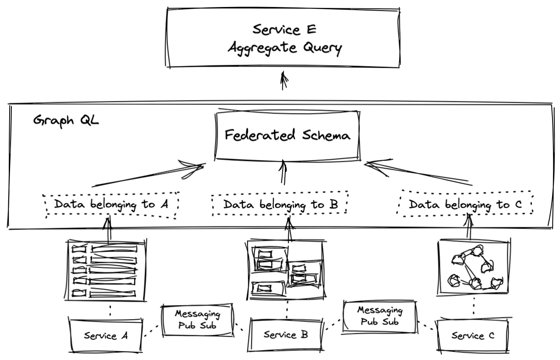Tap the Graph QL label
click(x=66, y=120)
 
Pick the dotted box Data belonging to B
click(x=280, y=204)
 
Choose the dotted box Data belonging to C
click(x=465, y=204)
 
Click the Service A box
click(x=106, y=335)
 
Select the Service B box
click(x=286, y=335)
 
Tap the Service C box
click(x=473, y=336)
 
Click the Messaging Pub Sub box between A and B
click(x=197, y=319)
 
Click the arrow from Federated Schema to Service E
click(x=284, y=81)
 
